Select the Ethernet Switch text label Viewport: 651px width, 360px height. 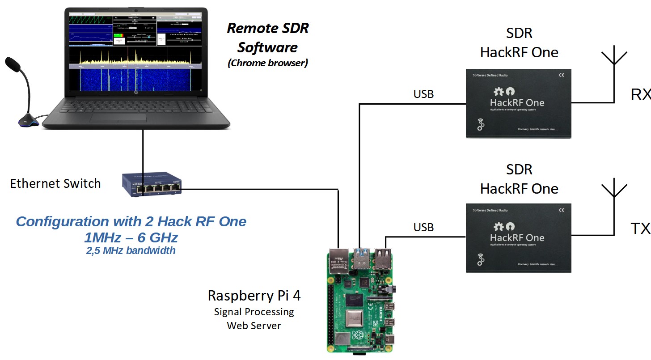[55, 183]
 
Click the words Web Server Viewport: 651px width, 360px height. [254, 325]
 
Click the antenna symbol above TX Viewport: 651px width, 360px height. [613, 190]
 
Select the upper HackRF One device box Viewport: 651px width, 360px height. [519, 103]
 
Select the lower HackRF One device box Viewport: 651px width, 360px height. [519, 238]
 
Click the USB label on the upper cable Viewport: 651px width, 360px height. [423, 94]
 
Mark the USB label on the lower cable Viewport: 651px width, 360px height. [423, 227]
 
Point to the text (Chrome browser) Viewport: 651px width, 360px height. [268, 63]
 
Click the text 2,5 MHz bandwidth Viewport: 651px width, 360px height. [131, 250]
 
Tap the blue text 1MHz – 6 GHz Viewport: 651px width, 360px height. [131, 237]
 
